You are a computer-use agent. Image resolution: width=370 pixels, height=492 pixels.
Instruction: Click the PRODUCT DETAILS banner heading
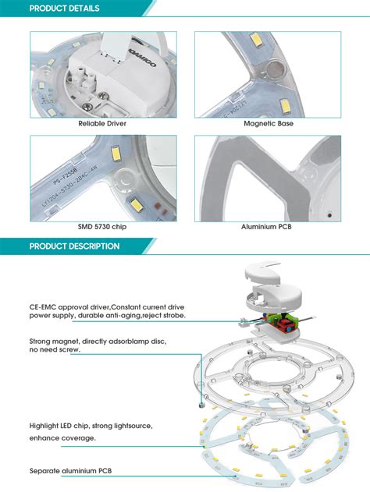click(64, 9)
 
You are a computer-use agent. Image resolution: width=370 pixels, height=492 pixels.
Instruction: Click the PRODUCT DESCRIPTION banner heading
click(74, 246)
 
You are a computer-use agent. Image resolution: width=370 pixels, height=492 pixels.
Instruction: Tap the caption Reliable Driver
click(102, 123)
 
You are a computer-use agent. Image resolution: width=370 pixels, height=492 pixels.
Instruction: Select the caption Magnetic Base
click(268, 123)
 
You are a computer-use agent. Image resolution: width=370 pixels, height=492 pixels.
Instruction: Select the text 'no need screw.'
click(55, 351)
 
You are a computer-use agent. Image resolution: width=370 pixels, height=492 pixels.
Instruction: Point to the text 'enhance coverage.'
click(62, 437)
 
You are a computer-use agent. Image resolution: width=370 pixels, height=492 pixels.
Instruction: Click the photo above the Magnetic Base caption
click(268, 74)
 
